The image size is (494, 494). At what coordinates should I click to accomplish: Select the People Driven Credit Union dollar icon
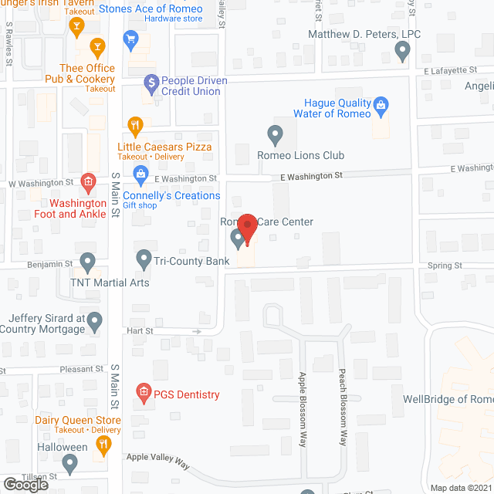[x=152, y=81]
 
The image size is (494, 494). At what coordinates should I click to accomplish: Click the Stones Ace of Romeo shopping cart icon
[x=130, y=37]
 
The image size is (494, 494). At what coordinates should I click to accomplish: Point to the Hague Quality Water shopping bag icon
[x=380, y=104]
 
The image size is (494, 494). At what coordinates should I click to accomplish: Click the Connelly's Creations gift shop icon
[x=140, y=174]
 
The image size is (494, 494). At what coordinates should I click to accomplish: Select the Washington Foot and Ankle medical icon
[x=88, y=182]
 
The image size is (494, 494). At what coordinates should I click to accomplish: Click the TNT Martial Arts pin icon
[x=87, y=262]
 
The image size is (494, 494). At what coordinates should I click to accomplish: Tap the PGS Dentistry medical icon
[x=144, y=394]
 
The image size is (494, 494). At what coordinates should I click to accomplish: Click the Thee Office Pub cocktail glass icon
[x=97, y=49]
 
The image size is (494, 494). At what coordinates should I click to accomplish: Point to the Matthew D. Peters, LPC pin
[x=401, y=51]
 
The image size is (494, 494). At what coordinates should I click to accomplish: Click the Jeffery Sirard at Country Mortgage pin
[x=94, y=319]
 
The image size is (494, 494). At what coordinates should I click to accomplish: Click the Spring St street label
[x=445, y=266]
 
